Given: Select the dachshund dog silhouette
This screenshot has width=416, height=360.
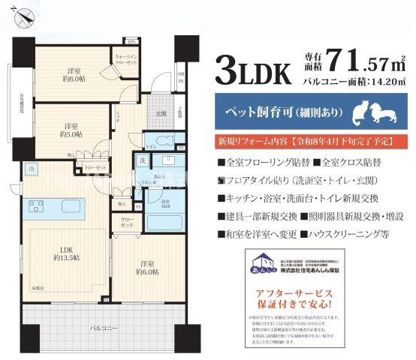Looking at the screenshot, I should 381,113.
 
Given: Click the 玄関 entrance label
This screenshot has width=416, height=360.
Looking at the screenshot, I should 160,113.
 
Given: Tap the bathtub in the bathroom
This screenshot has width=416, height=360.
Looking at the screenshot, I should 159,223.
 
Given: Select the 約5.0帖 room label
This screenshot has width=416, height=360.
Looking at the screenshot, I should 71,131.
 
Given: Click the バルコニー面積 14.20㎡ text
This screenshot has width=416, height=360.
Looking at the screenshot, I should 352,79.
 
